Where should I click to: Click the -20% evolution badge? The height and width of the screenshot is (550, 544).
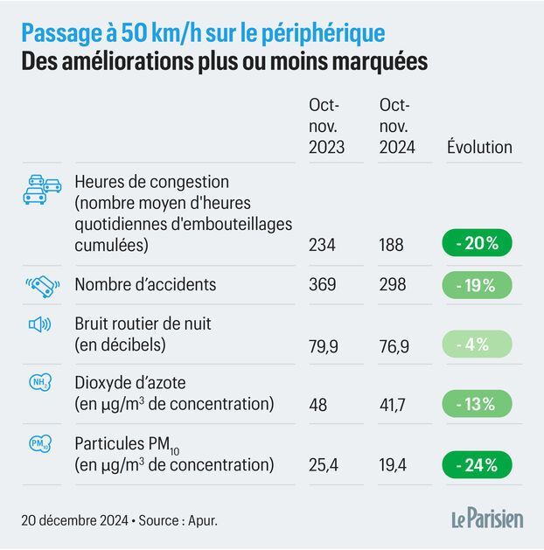[x=477, y=244]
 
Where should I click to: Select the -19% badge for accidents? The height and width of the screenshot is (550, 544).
[x=477, y=285]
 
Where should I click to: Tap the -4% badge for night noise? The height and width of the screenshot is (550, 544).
[x=477, y=345]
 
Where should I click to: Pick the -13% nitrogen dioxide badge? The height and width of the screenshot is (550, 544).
[x=477, y=404]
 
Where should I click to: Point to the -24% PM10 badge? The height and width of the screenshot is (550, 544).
[x=477, y=464]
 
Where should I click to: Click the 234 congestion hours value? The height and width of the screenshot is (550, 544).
[x=322, y=245]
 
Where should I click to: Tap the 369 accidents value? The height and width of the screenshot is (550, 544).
[x=322, y=285]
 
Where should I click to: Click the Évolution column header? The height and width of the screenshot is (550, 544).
[x=479, y=147]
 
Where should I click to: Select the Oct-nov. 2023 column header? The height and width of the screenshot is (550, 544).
[x=326, y=126]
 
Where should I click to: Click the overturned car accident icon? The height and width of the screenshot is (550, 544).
[x=43, y=285]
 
